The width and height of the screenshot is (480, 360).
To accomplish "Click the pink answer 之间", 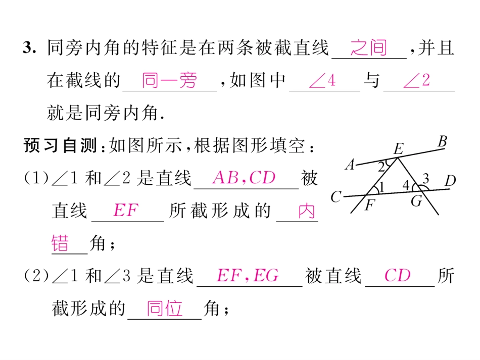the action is pyautogui.click(x=368, y=48).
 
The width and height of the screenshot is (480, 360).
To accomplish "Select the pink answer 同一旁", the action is pyautogui.click(x=169, y=80).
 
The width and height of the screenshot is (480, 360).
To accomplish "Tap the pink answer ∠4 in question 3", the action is pyautogui.click(x=322, y=81).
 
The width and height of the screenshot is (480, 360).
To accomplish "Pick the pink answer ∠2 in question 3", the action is pyautogui.click(x=417, y=81).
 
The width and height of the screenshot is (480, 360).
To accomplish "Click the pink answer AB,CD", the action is pyautogui.click(x=244, y=177).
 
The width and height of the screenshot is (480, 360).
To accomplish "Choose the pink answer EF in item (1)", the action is pyautogui.click(x=126, y=210).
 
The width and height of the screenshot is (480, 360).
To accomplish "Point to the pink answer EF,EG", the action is pyautogui.click(x=248, y=275).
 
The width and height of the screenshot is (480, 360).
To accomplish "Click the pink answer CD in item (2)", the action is pyautogui.click(x=397, y=275).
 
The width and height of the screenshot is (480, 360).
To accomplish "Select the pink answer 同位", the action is pyautogui.click(x=165, y=308).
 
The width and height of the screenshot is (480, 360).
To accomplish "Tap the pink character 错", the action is pyautogui.click(x=60, y=243).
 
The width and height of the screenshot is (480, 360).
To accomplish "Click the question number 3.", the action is pyautogui.click(x=29, y=48).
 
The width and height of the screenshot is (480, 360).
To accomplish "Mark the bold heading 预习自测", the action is pyautogui.click(x=60, y=145).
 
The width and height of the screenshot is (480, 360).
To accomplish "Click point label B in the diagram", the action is pyautogui.click(x=442, y=141).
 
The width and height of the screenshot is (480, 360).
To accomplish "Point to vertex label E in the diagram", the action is pyautogui.click(x=398, y=149).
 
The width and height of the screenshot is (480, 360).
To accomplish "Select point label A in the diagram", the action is pyautogui.click(x=350, y=165).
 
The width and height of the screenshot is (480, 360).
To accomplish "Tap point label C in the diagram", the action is pyautogui.click(x=336, y=197).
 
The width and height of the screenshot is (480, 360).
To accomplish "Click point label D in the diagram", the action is pyautogui.click(x=450, y=181).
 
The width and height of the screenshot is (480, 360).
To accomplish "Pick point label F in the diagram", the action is pyautogui.click(x=370, y=205).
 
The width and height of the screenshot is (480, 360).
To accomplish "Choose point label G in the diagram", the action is pyautogui.click(x=417, y=201).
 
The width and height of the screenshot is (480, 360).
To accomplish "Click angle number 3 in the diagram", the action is pyautogui.click(x=426, y=178).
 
